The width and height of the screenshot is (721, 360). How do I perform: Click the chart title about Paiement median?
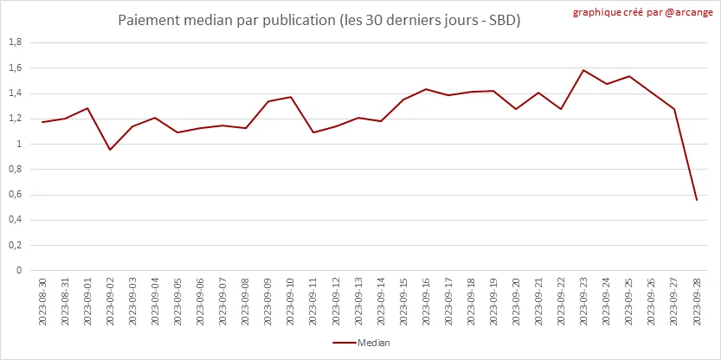(319, 19)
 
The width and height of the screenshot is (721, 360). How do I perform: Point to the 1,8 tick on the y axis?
(14, 42)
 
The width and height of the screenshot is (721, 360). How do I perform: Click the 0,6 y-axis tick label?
(14, 195)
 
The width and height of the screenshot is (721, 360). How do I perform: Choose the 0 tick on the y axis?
(18, 270)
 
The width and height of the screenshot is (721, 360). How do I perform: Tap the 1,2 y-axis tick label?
(14, 119)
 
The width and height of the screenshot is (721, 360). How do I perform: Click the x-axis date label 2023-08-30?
(42, 301)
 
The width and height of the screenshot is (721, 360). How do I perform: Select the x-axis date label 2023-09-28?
(697, 301)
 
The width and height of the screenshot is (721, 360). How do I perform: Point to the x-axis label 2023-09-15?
(403, 301)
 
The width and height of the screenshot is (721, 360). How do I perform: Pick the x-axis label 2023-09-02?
(110, 301)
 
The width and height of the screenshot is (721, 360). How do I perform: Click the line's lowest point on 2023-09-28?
(697, 200)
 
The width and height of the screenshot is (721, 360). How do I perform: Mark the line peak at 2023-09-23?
(584, 70)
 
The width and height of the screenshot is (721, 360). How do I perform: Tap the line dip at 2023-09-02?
(110, 150)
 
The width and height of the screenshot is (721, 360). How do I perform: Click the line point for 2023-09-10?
(291, 97)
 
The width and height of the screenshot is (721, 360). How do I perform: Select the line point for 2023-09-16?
(426, 89)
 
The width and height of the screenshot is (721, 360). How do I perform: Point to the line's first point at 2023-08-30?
(42, 122)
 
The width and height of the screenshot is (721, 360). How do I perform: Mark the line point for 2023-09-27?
(674, 109)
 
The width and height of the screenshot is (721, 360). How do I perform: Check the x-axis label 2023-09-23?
(584, 301)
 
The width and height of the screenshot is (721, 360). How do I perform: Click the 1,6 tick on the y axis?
(14, 67)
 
